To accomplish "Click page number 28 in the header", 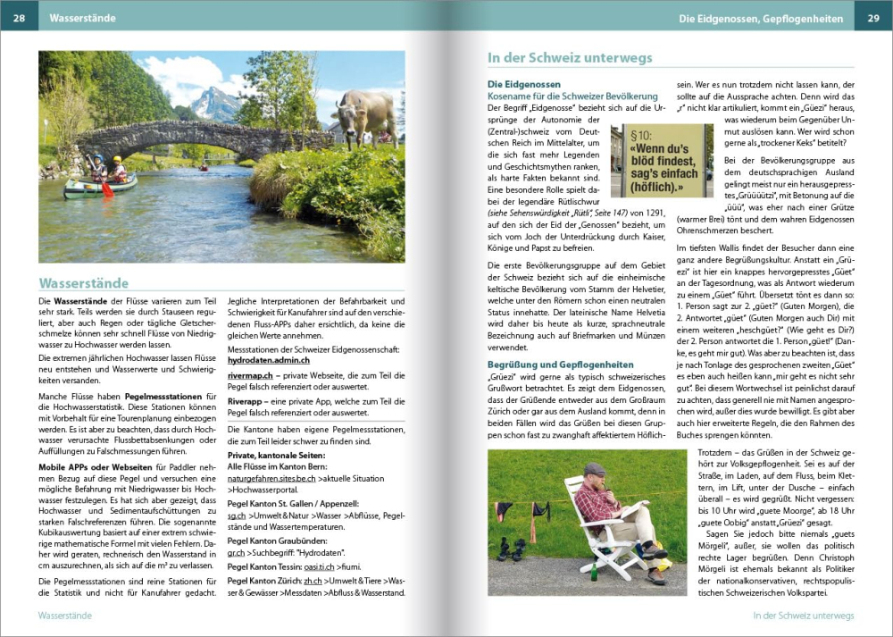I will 19,18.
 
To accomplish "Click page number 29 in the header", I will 872,18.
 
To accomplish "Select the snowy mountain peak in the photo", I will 211,101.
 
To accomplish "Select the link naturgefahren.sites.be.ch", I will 271,478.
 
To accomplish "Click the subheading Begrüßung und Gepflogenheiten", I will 560,365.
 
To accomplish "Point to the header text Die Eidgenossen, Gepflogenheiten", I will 762,18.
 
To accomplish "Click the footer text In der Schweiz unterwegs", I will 803,616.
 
